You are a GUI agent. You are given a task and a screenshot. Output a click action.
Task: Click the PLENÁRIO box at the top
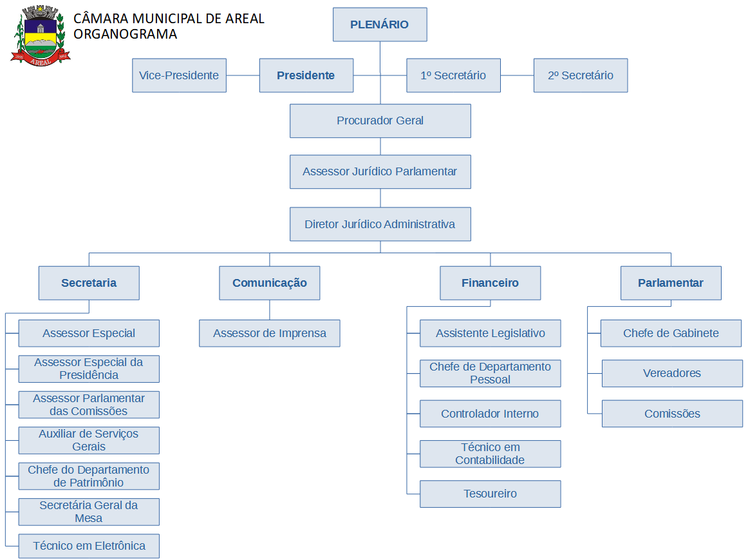pos(380,24)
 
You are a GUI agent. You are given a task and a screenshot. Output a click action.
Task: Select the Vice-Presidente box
pos(179,75)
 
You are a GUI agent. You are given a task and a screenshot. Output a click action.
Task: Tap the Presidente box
pos(306,75)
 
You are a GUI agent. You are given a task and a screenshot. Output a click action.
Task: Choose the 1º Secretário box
pos(453,75)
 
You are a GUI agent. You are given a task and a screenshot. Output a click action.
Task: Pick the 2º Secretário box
pos(581,75)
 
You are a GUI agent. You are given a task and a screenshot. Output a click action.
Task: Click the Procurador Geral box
pos(380,121)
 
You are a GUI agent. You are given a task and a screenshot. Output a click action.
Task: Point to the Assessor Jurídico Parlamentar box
pos(380,171)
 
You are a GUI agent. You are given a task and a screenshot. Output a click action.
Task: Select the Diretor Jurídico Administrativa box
pos(380,224)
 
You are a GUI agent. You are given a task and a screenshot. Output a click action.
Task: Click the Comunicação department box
pos(269,283)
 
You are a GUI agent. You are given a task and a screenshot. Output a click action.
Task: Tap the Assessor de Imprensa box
pos(269,333)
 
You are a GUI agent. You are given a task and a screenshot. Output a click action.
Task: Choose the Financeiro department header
pos(490,283)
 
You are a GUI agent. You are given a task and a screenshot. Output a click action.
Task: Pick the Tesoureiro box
pos(490,494)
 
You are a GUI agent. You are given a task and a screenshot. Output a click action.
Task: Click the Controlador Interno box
pos(490,414)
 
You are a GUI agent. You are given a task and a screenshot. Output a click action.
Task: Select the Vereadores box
pos(672,373)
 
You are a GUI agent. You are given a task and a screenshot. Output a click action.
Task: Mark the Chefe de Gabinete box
pos(671,333)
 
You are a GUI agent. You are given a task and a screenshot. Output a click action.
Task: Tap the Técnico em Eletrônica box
pos(89,546)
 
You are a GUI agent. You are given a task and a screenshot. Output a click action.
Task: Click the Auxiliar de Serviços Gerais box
pos(89,440)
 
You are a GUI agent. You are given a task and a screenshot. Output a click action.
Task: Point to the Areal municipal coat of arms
pos(40,35)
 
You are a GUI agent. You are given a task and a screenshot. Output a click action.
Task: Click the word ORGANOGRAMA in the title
pos(126,34)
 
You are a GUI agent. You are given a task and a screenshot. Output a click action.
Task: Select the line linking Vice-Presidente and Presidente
pos(243,75)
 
